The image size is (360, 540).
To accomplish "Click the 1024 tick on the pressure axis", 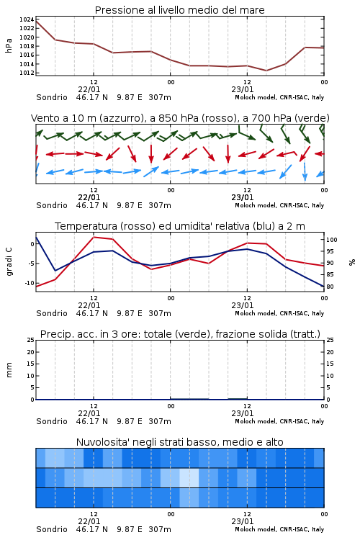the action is (x=27, y=19).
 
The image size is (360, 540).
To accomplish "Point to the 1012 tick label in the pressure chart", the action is (x=27, y=73).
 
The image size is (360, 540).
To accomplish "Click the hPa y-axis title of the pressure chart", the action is (x=9, y=45).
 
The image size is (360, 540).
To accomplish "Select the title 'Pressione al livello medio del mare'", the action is (x=180, y=10).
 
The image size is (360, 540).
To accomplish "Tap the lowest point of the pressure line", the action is (x=266, y=71).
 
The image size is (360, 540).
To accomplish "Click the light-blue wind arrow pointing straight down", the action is (x=305, y=171).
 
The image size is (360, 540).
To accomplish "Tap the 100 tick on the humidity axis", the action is (x=332, y=240).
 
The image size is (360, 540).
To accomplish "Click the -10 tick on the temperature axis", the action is (x=29, y=283).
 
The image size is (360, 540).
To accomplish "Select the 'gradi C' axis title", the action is (x=9, y=261).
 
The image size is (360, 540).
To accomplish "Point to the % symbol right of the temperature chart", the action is (x=352, y=262).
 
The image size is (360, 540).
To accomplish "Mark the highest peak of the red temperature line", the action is (x=94, y=237).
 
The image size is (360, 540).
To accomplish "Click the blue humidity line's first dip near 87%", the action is (x=55, y=271).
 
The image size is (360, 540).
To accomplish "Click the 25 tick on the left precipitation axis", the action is (x=31, y=340).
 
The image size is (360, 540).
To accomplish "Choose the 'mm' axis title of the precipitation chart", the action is (x=9, y=370).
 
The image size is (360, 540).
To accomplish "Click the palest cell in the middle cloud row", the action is (x=189, y=477).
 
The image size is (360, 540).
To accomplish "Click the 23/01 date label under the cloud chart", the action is (x=243, y=521).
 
